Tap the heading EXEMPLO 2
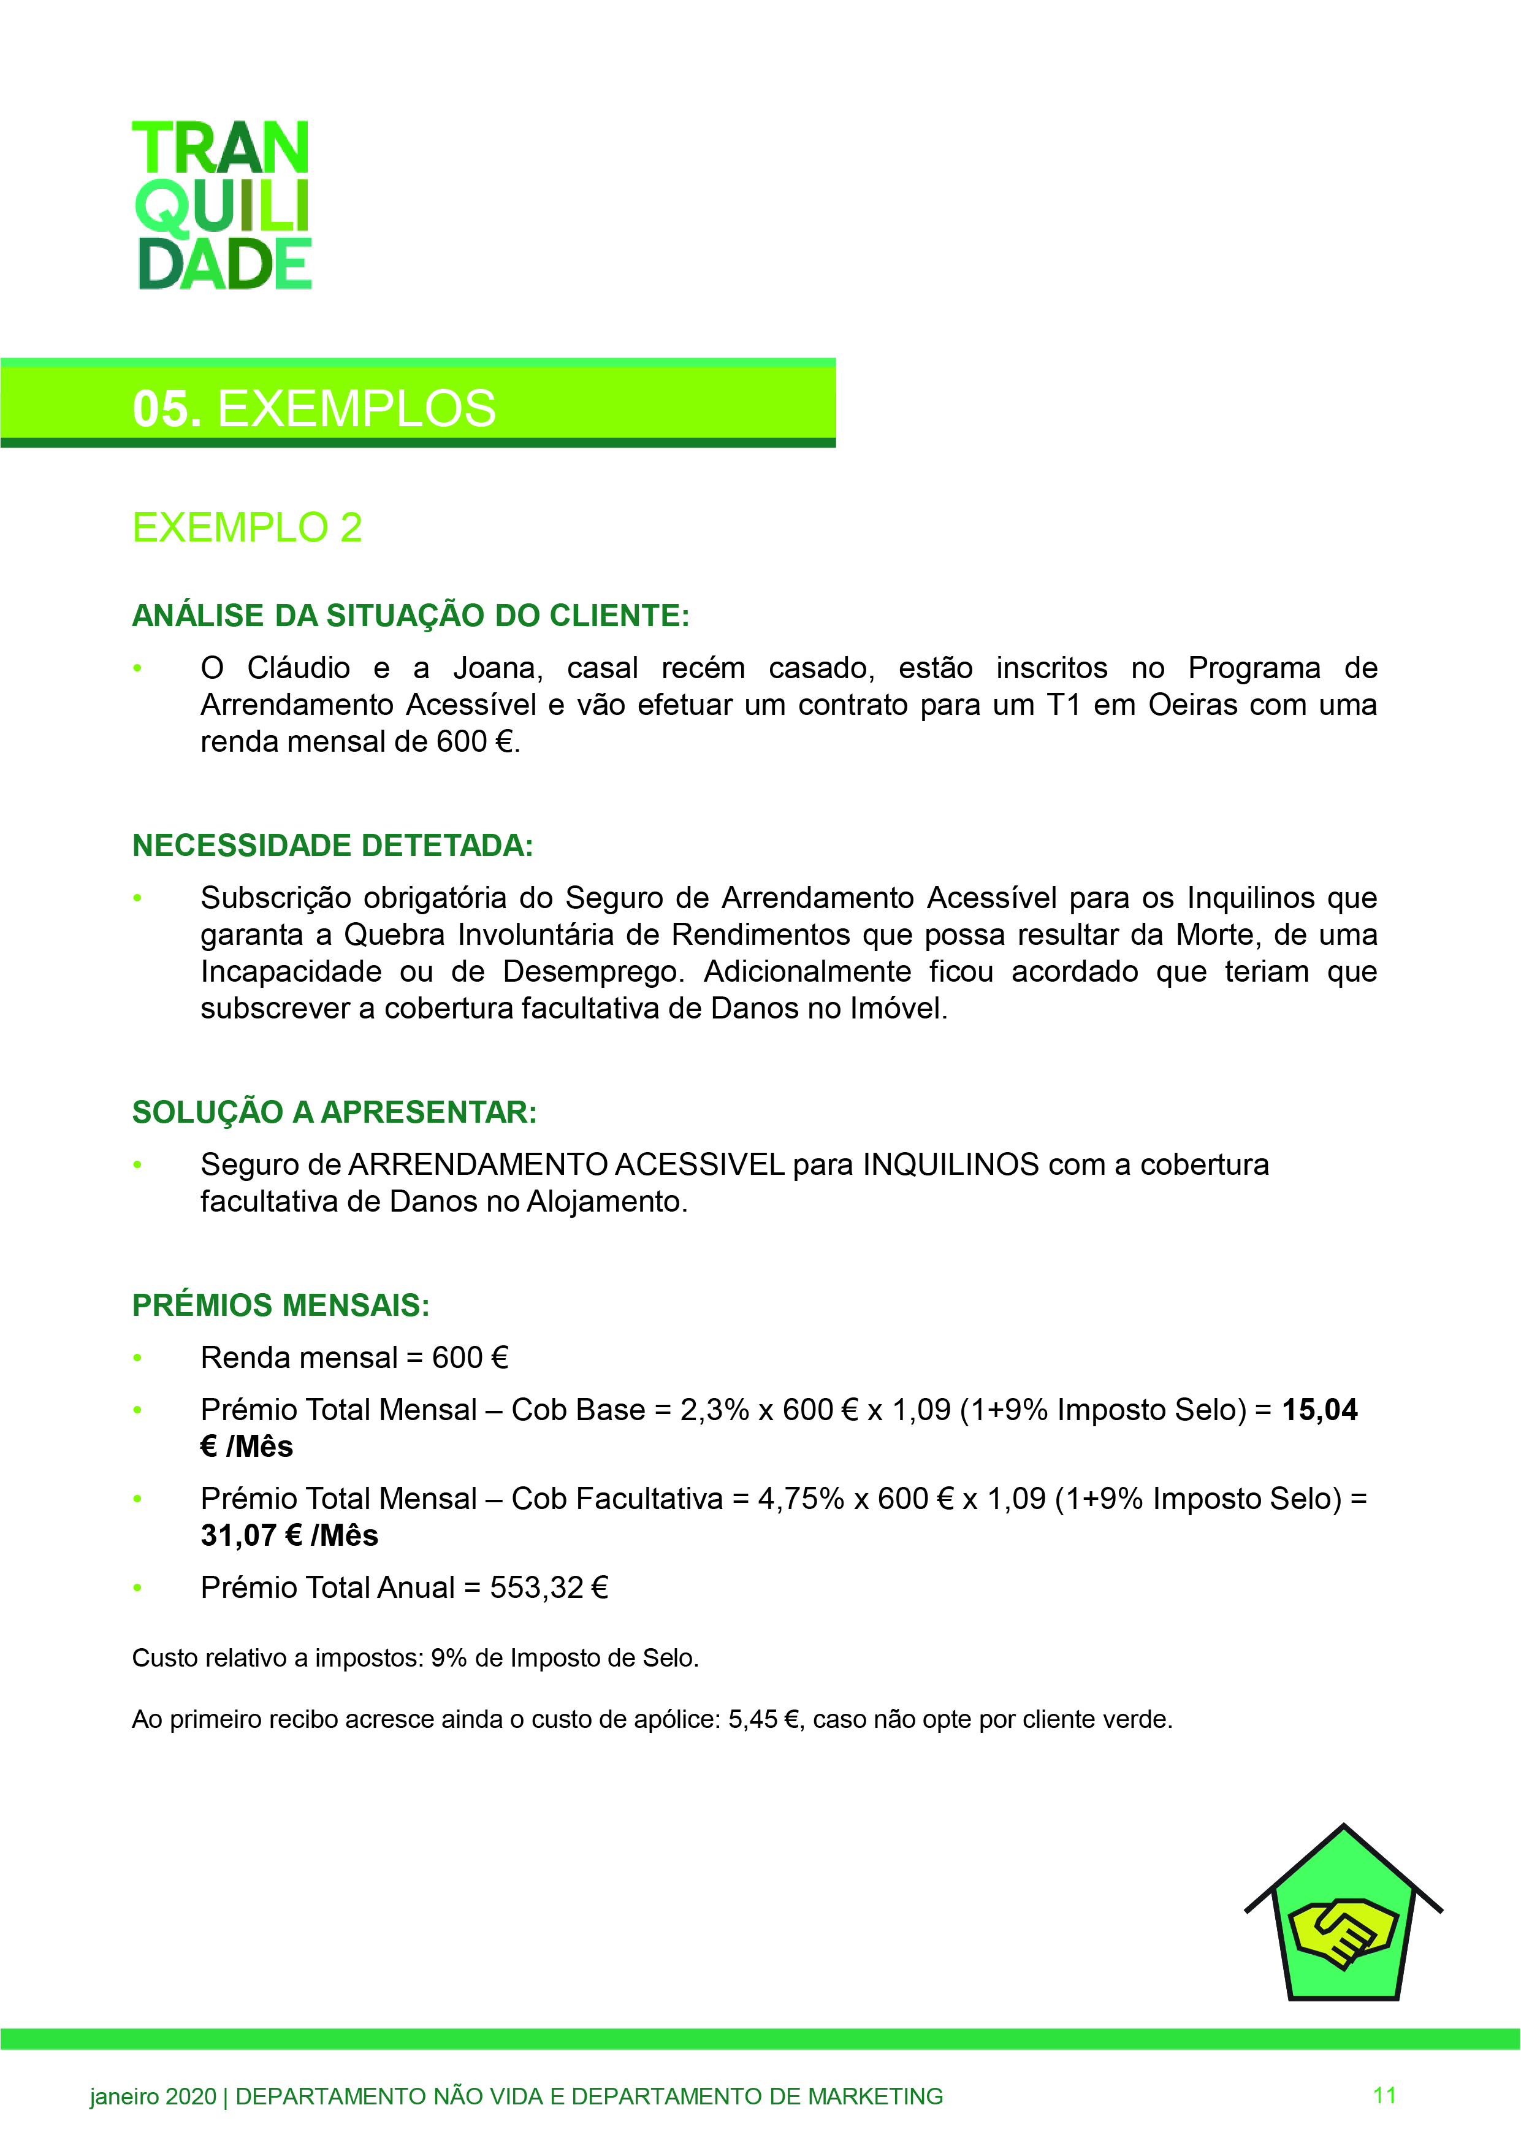[x=246, y=527]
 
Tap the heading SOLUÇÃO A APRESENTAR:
[x=334, y=1112]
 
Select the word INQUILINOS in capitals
[x=951, y=1164]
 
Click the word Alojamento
[x=607, y=1201]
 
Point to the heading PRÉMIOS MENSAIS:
[x=281, y=1305]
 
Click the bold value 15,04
[x=1319, y=1410]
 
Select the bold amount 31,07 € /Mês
[x=289, y=1535]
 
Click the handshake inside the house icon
[x=1343, y=1931]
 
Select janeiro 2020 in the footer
[x=153, y=2096]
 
